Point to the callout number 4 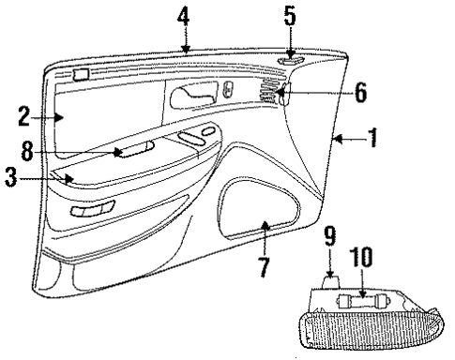point(184,16)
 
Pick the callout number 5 point(290,16)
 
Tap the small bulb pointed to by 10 point(357,302)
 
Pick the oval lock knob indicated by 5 point(289,63)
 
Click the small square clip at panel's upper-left point(82,73)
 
